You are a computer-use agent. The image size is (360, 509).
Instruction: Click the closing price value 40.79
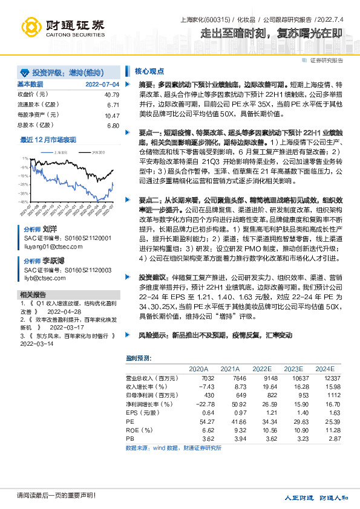tap(111, 95)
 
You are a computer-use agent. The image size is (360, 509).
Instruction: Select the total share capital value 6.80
tap(113, 125)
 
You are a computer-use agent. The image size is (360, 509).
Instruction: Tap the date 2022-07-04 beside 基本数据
tap(102, 84)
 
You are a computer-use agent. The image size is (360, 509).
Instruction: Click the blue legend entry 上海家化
tap(61, 153)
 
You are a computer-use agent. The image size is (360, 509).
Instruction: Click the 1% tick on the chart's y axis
tap(23, 160)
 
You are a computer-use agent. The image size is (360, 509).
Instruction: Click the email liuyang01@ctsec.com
tap(48, 246)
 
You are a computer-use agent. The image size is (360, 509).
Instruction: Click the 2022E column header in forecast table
tap(261, 368)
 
